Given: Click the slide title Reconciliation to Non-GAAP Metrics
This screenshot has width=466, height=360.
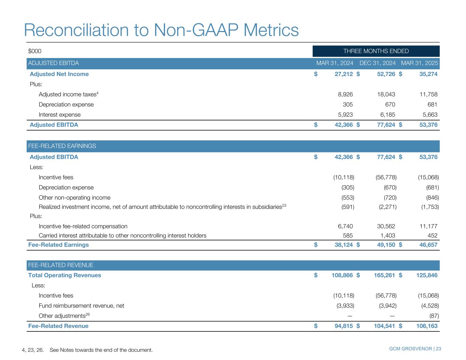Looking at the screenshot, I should [161, 30].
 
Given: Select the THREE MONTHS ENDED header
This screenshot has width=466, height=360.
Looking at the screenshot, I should [376, 51].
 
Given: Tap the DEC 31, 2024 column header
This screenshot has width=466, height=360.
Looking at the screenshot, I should [378, 63].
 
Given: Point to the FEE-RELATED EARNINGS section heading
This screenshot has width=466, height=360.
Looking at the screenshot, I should [62, 146].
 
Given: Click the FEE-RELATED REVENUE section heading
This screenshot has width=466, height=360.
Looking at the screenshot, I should [61, 265].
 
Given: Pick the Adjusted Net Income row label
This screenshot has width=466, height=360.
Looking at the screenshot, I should [59, 74].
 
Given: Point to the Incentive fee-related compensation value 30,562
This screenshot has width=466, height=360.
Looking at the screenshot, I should [385, 226].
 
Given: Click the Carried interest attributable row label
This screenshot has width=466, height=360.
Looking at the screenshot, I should [123, 235].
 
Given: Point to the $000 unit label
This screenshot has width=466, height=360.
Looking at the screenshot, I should [35, 51].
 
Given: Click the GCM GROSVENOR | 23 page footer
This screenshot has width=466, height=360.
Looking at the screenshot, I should [415, 349].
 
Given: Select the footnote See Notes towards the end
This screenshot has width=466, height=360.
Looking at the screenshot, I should [101, 350].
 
